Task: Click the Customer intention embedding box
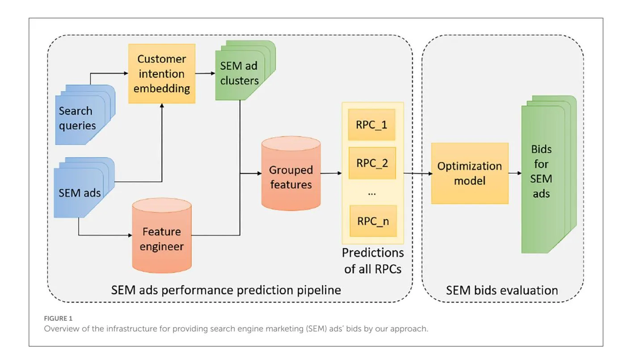coord(161,74)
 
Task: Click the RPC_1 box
coord(371,125)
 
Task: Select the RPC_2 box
coord(371,163)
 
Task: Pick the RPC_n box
coord(371,221)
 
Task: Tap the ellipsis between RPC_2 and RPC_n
coord(371,193)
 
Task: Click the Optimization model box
coord(469,173)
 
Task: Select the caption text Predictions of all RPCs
coord(372,261)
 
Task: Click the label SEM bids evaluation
coord(501,290)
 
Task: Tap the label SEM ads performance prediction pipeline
coord(226,290)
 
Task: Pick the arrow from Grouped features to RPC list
coord(331,173)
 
